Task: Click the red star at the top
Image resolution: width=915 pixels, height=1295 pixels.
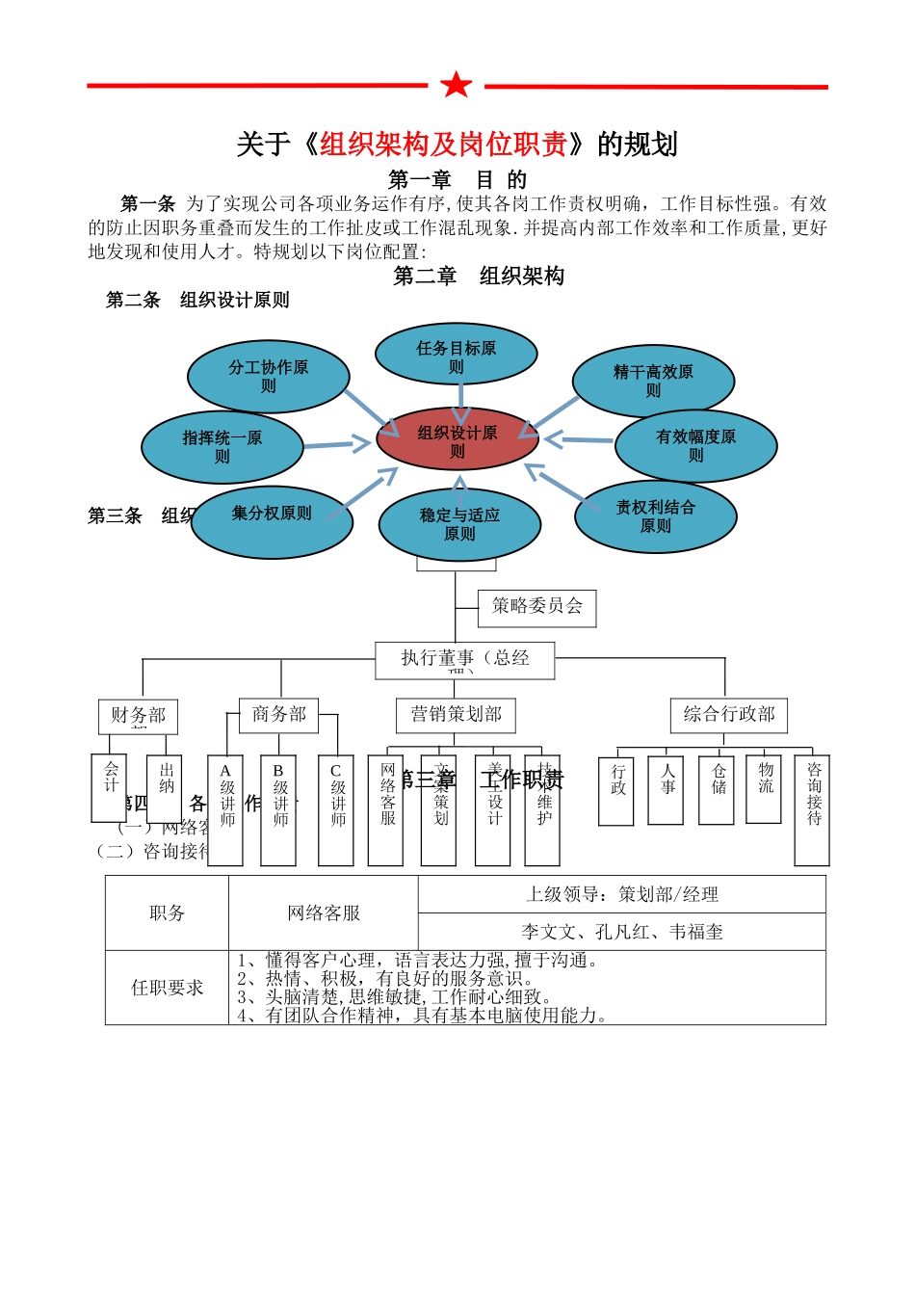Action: [x=457, y=85]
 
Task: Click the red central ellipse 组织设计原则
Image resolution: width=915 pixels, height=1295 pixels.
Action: [x=457, y=439]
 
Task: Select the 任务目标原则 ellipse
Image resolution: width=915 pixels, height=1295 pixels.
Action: [x=456, y=355]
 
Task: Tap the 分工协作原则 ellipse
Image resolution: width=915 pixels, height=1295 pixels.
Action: [x=268, y=376]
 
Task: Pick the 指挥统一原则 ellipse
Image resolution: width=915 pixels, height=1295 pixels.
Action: [x=222, y=447]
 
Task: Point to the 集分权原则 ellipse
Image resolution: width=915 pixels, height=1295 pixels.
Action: [x=273, y=521]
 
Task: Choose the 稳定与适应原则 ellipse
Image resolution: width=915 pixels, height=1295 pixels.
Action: [x=459, y=525]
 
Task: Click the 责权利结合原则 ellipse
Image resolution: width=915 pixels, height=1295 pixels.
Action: [x=656, y=516]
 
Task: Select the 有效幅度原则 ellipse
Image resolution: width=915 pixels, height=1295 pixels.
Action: [x=695, y=446]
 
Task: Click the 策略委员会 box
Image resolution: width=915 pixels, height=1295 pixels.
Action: [x=537, y=608]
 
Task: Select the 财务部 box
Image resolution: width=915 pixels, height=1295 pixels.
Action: [x=138, y=716]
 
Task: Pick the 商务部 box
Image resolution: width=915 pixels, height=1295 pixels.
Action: [x=279, y=715]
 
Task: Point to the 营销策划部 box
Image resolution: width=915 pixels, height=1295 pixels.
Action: [x=457, y=715]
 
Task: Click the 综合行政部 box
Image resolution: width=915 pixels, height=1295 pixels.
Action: [x=729, y=715]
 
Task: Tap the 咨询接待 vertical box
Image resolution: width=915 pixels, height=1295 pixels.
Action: [x=812, y=809]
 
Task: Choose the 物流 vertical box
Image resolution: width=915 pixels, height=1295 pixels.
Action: [x=764, y=788]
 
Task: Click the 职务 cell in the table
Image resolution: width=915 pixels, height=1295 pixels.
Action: [x=167, y=912]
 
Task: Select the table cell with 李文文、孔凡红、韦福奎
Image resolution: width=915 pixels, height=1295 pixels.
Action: [x=621, y=932]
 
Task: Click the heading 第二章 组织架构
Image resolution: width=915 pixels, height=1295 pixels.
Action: [x=479, y=277]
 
